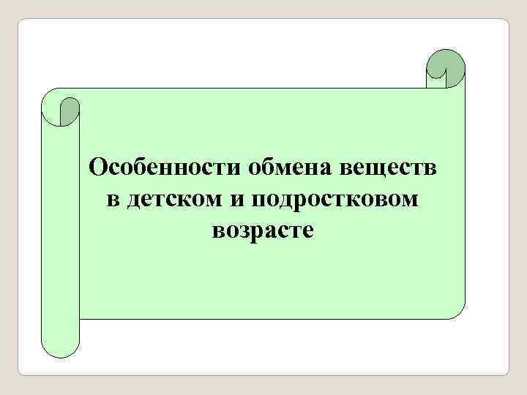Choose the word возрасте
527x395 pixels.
tap(263, 230)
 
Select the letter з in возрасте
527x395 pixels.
tap(243, 230)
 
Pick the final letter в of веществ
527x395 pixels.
tap(432, 168)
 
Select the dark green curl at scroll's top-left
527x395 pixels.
tap(70, 110)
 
